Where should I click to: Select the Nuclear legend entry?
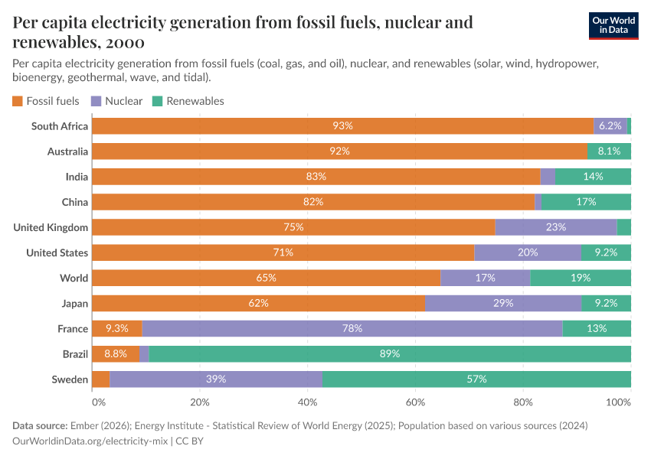pyautogui.click(x=116, y=101)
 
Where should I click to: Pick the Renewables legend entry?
pyautogui.click(x=188, y=101)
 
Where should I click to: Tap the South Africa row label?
pyautogui.click(x=60, y=126)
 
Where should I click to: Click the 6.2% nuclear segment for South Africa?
pyautogui.click(x=610, y=126)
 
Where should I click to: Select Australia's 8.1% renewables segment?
pyautogui.click(x=609, y=151)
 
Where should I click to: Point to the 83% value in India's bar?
pyautogui.click(x=316, y=177)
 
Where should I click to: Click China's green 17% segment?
pyautogui.click(x=586, y=202)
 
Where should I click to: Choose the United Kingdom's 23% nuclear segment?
pyautogui.click(x=556, y=227)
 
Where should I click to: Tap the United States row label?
pyautogui.click(x=57, y=252)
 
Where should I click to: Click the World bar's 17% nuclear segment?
pyautogui.click(x=485, y=278)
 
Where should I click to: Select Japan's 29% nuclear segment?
pyautogui.click(x=503, y=303)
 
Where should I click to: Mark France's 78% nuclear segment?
pyautogui.click(x=352, y=328)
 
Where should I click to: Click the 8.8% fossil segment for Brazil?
pyautogui.click(x=116, y=353)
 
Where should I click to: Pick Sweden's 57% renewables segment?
pyautogui.click(x=476, y=379)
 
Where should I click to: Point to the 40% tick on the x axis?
pyautogui.click(x=307, y=402)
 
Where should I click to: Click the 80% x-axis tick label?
pyautogui.click(x=523, y=402)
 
